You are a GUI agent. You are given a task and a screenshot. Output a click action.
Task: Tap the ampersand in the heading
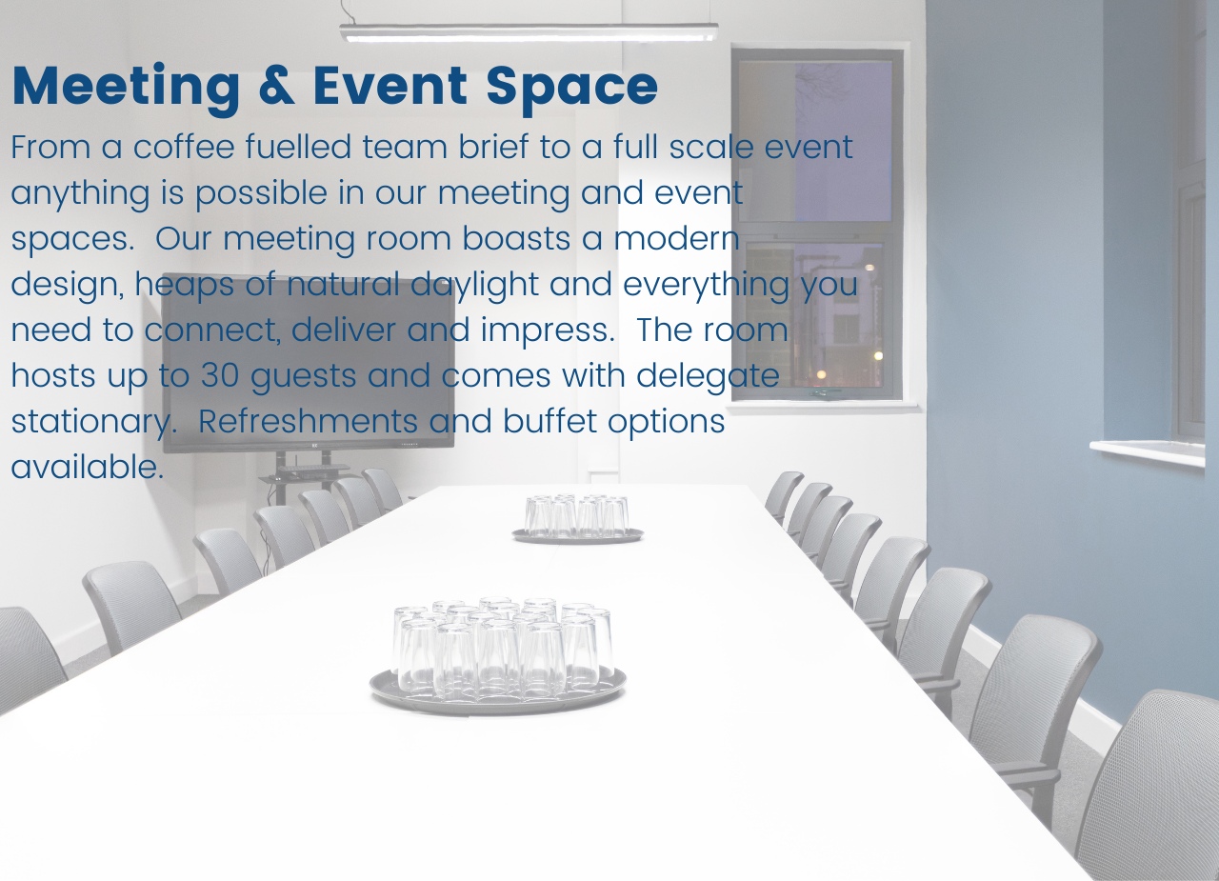pyautogui.click(x=277, y=86)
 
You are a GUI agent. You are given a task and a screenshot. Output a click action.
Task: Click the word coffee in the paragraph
pyautogui.click(x=184, y=147)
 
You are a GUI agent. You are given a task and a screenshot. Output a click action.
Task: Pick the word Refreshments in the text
pyautogui.click(x=308, y=421)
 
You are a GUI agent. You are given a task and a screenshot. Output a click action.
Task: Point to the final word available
pyautogui.click(x=87, y=467)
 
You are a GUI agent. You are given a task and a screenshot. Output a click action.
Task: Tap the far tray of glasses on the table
pyautogui.click(x=577, y=519)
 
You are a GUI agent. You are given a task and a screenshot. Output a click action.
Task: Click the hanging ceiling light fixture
pyautogui.click(x=529, y=32)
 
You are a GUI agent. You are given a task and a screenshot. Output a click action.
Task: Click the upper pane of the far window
pyautogui.click(x=815, y=140)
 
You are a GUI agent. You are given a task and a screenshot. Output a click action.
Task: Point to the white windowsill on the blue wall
pyautogui.click(x=1148, y=452)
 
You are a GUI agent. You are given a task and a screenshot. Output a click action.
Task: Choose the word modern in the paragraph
pyautogui.click(x=676, y=238)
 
